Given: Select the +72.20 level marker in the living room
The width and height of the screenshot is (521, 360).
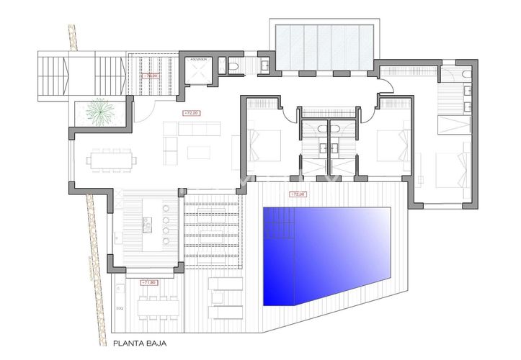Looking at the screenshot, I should [191, 113].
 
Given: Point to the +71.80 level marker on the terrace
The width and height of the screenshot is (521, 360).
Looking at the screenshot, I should [149, 282].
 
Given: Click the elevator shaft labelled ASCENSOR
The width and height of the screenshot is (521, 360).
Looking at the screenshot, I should [199, 71].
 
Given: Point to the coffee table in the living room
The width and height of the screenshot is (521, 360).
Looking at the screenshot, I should [198, 152].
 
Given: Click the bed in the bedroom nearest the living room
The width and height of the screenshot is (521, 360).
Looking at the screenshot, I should [259, 145].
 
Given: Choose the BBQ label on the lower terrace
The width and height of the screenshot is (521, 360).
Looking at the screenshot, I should [119, 307].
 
